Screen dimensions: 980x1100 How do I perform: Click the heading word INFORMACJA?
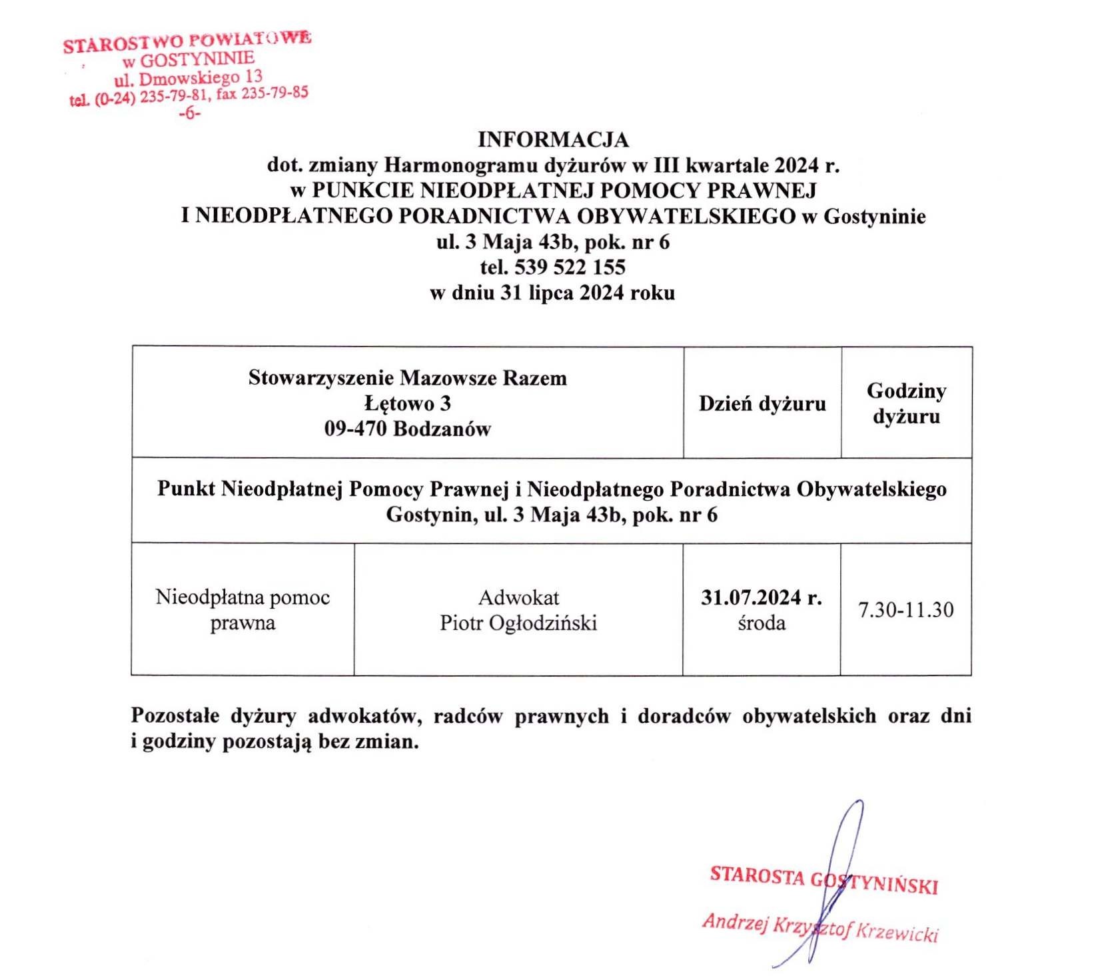[553, 140]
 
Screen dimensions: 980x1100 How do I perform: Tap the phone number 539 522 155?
[569, 267]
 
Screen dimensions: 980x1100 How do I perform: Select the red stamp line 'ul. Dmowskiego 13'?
[189, 79]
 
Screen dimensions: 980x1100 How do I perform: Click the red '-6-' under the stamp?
[190, 113]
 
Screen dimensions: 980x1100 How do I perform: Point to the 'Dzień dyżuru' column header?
[762, 403]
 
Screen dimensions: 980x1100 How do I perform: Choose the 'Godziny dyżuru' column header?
[906, 403]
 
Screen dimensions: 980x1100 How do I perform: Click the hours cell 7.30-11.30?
[905, 609]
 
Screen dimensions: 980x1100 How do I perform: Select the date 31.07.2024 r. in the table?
[761, 597]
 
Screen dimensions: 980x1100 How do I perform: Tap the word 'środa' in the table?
[762, 623]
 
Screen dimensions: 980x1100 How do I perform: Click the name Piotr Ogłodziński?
[518, 623]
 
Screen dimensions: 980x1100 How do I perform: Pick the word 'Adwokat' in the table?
[518, 597]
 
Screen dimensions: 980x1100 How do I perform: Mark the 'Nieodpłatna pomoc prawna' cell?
[243, 610]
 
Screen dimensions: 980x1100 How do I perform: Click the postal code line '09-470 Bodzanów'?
[408, 429]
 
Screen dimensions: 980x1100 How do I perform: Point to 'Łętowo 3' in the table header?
[408, 403]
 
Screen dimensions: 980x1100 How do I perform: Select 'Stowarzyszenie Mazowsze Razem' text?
[408, 378]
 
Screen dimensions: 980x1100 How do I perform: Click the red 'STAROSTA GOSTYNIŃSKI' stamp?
[824, 880]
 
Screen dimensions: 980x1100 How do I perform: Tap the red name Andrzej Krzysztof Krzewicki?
[820, 927]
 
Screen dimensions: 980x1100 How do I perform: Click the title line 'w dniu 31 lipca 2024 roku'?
[552, 293]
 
